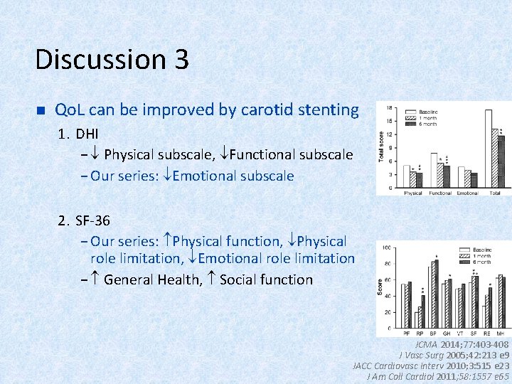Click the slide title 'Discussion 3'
[x=112, y=59]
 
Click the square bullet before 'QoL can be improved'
[x=40, y=111]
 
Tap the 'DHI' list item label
[x=87, y=134]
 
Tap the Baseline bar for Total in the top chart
[x=489, y=149]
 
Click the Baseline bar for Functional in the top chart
[x=434, y=171]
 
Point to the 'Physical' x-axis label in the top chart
[x=413, y=193]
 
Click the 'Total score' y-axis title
[x=381, y=146]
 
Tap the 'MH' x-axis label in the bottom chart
[x=501, y=332]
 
